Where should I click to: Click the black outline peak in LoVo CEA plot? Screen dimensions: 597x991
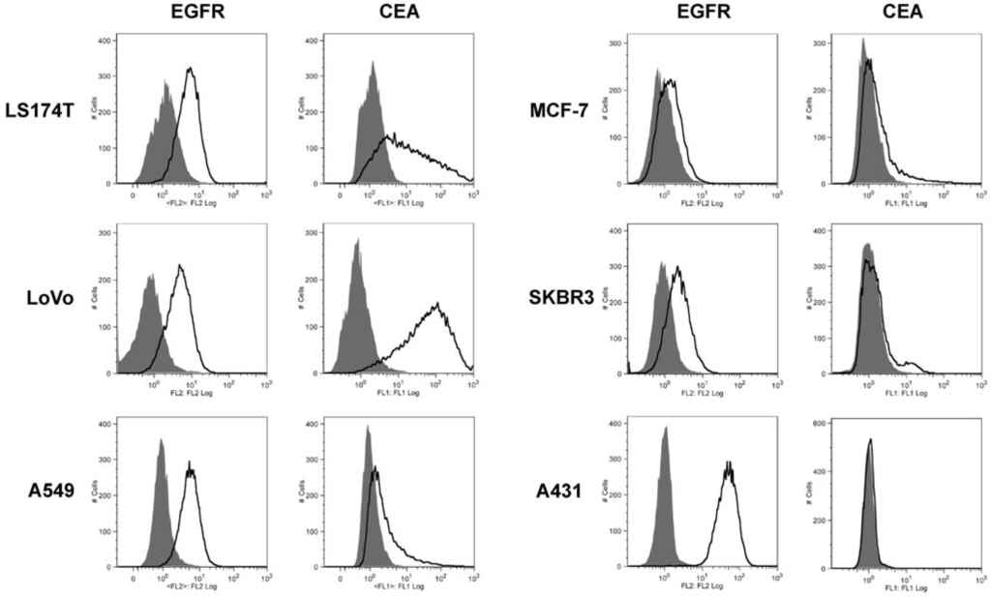click(x=437, y=306)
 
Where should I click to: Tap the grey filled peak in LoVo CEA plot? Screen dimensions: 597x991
click(x=357, y=242)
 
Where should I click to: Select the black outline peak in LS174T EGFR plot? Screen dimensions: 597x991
click(x=191, y=70)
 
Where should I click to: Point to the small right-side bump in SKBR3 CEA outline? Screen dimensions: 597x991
click(x=910, y=364)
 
